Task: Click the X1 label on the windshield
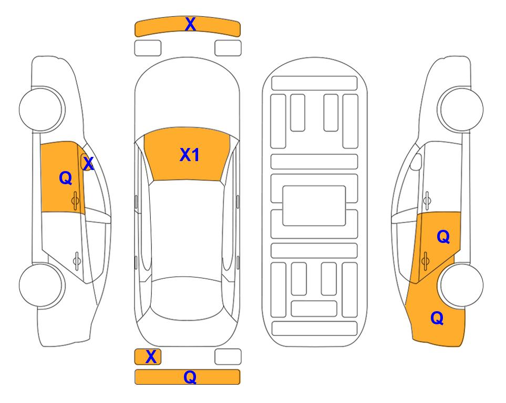tap(190, 155)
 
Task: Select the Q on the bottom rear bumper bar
tap(190, 377)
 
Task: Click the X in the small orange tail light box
tap(151, 357)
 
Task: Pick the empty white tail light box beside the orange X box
tap(228, 357)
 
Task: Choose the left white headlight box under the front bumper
tap(148, 48)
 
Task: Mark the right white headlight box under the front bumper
tap(228, 48)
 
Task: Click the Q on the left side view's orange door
tap(66, 178)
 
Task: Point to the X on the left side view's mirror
tap(88, 164)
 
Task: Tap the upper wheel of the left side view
tap(41, 109)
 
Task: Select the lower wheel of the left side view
tap(41, 285)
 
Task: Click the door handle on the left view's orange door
tap(75, 200)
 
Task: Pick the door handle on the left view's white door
tap(77, 260)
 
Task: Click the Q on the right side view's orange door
tap(443, 237)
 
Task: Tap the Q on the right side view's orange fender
tap(437, 318)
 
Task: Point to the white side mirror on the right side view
tap(416, 162)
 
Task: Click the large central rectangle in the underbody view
tap(314, 206)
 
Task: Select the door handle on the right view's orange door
tap(426, 260)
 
